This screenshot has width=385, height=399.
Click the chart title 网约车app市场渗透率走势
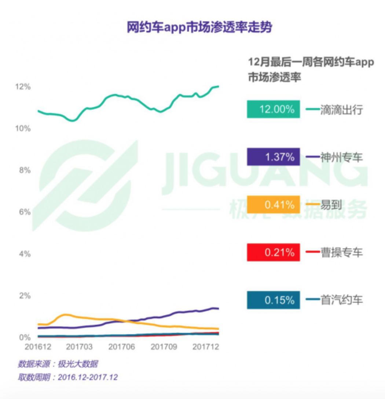pyautogui.click(x=199, y=28)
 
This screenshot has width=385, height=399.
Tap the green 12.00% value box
pyautogui.click(x=273, y=109)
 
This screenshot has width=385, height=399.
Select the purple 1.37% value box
pyautogui.click(x=273, y=157)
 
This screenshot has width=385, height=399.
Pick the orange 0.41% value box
pyautogui.click(x=273, y=205)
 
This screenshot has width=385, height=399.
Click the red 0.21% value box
pyautogui.click(x=273, y=252)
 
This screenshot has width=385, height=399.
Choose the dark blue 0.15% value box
pyautogui.click(x=273, y=300)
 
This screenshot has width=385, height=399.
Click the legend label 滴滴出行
pyautogui.click(x=341, y=109)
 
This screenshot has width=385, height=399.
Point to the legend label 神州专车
pyautogui.click(x=341, y=157)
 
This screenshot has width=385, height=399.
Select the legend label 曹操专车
pyautogui.click(x=341, y=252)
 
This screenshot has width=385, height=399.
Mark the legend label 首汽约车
pyautogui.click(x=341, y=300)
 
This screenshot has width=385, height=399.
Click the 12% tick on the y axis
pyautogui.click(x=23, y=87)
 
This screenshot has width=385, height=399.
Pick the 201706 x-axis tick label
pyautogui.click(x=122, y=347)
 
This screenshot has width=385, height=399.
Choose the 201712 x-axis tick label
pyautogui.click(x=205, y=347)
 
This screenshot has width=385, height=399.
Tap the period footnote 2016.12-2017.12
pyautogui.click(x=88, y=377)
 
